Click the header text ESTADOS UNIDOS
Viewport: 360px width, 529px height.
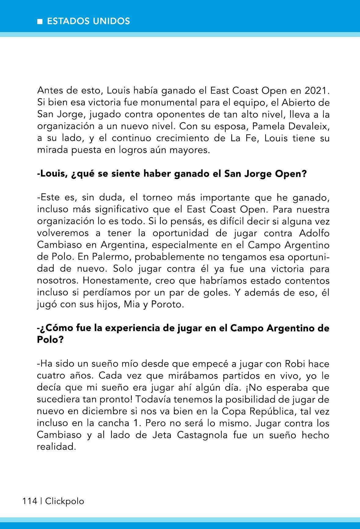tap(88, 21)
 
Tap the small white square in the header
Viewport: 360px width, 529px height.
tap(39, 21)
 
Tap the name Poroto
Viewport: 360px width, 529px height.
tap(167, 305)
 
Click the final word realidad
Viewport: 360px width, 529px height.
tap(56, 447)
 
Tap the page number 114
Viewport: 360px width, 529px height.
tap(29, 501)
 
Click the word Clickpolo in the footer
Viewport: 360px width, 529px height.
tap(64, 501)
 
